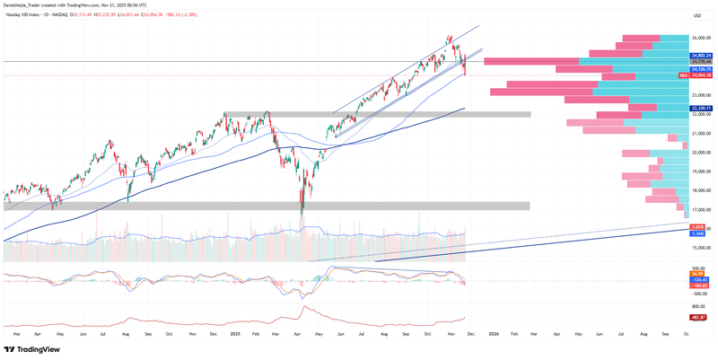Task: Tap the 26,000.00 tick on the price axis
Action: [x=701, y=38]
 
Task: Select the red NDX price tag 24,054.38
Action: [x=701, y=75]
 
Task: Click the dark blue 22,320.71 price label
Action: [x=701, y=108]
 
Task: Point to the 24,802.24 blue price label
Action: [x=701, y=56]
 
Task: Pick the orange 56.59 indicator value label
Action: [x=697, y=274]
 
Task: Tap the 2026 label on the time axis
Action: [x=494, y=333]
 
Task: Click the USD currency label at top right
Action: [x=697, y=16]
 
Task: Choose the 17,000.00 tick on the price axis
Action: [x=701, y=209]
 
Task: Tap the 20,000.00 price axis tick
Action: [x=701, y=152]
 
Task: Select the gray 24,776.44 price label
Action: [x=701, y=61]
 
